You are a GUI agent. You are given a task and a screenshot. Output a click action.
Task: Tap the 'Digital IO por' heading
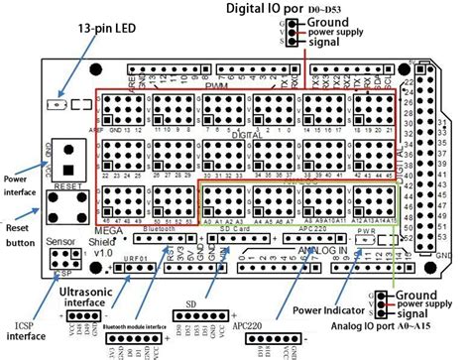(260, 9)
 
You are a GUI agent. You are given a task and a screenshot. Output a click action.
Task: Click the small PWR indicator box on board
(364, 239)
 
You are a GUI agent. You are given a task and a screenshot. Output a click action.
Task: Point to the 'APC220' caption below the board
(263, 325)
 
